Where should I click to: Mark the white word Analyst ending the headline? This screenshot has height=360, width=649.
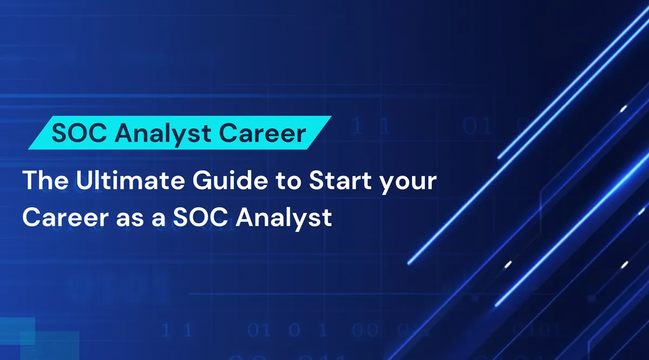pos(285,218)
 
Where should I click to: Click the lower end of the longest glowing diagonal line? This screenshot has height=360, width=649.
pos(409,263)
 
